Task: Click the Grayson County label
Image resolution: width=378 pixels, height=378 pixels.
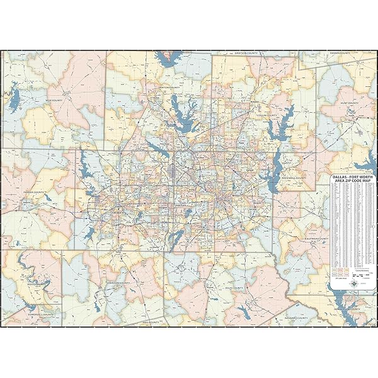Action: pos(247,54)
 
